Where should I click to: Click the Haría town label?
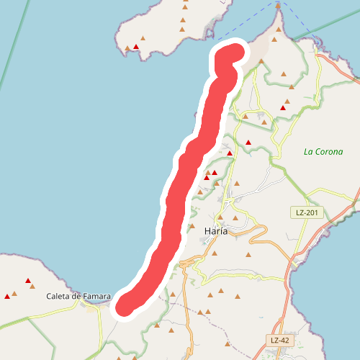tap(217, 231)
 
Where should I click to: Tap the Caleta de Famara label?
tap(78, 296)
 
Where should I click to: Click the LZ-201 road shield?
tap(308, 213)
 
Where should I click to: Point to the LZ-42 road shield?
tap(282, 340)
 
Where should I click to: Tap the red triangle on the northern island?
tap(135, 47)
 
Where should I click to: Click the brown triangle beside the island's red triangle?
tap(127, 48)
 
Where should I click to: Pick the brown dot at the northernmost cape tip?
tap(278, 6)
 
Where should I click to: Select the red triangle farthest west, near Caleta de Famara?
tap(7, 295)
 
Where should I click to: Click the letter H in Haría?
tap(208, 231)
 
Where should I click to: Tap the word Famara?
tap(96, 296)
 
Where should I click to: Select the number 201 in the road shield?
tap(312, 213)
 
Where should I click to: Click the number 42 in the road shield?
tap(285, 340)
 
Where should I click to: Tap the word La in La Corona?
tap(308, 152)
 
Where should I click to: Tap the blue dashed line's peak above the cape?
tap(278, 3)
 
